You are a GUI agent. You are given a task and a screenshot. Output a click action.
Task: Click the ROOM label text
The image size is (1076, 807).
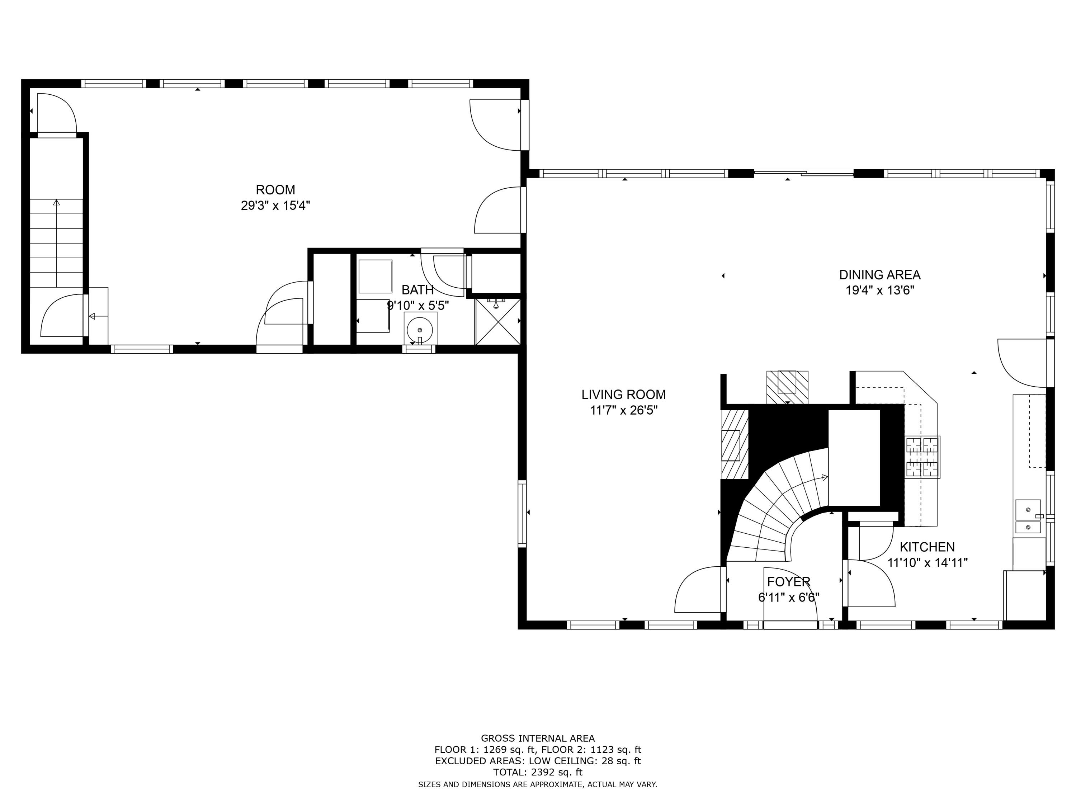tap(275, 190)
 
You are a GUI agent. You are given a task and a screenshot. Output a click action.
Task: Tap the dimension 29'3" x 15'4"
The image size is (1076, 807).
tap(275, 205)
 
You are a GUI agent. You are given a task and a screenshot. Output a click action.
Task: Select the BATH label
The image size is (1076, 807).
tap(417, 290)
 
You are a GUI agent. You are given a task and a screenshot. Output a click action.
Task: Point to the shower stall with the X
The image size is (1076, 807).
tap(497, 321)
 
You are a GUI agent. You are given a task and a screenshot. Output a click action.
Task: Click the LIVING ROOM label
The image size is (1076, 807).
tap(623, 395)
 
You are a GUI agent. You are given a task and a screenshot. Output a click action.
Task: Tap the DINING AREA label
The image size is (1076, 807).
tap(879, 275)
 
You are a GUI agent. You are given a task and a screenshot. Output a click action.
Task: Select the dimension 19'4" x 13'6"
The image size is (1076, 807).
tap(879, 291)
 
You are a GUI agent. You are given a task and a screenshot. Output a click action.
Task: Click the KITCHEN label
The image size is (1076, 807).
tap(927, 547)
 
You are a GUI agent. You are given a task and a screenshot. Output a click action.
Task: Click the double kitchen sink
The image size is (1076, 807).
tap(1028, 517)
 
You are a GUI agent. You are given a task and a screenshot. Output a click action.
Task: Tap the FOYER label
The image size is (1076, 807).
tap(788, 582)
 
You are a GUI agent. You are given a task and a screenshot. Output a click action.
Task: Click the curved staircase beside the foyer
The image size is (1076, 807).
tap(778, 506)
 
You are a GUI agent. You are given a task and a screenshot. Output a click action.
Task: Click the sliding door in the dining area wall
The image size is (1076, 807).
tap(804, 172)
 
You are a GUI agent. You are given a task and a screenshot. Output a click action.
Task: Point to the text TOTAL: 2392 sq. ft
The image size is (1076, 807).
tap(538, 772)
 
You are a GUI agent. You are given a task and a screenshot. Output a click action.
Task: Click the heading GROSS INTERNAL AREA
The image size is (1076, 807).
tap(538, 738)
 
